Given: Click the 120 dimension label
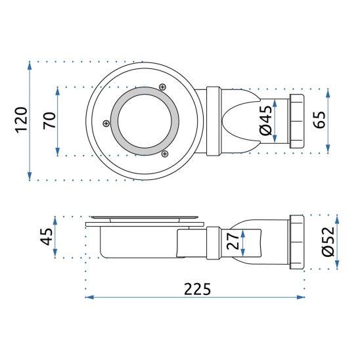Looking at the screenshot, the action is click(22, 120).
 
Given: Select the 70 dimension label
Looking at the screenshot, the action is click(49, 120).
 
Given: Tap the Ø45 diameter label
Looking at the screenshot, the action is click(266, 120).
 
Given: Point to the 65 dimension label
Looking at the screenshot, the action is click(319, 120).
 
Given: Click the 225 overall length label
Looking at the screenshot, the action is click(198, 289).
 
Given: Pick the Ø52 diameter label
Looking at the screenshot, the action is click(328, 242).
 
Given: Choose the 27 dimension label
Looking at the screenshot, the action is click(233, 241).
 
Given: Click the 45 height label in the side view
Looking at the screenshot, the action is click(47, 236).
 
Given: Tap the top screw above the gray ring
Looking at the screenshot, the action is click(162, 87).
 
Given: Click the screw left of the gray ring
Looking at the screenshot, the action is click(106, 124).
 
